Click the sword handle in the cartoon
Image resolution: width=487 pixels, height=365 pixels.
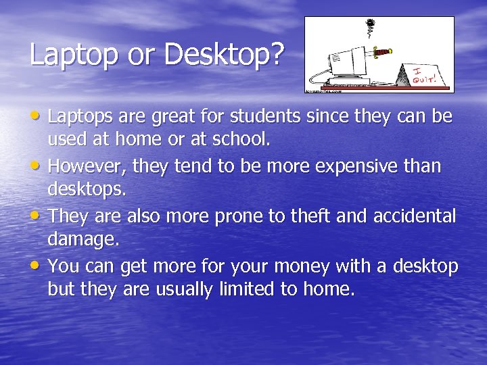pos(384,51)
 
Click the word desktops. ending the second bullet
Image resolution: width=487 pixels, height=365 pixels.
pos(87,190)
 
